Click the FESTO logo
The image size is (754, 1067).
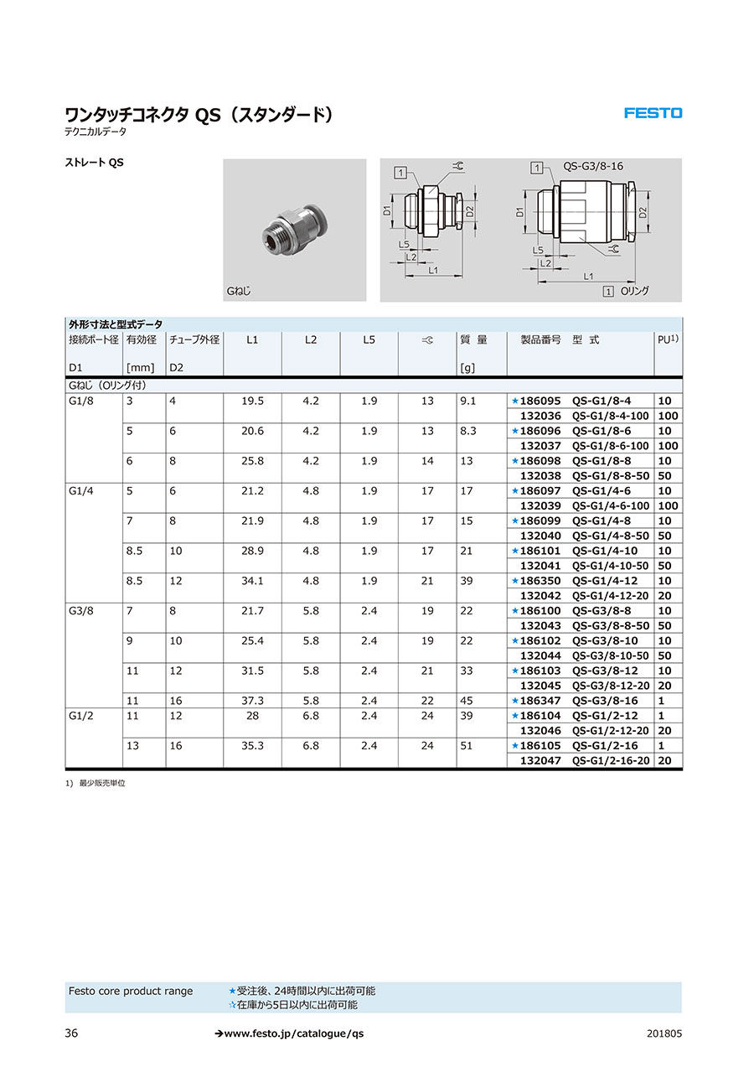653,113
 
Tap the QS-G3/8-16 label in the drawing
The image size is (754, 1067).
593,166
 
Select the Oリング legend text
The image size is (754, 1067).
634,291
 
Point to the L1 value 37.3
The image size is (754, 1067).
252,701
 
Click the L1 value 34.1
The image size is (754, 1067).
252,581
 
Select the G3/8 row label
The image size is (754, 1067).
81,611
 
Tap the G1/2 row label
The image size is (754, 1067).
81,716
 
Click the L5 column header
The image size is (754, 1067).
369,340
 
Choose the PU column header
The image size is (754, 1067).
668,340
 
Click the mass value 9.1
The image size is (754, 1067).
467,401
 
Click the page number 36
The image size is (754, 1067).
71,1033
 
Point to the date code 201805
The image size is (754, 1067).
664,1033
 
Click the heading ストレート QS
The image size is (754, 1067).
94,163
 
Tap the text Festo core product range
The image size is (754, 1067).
130,992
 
